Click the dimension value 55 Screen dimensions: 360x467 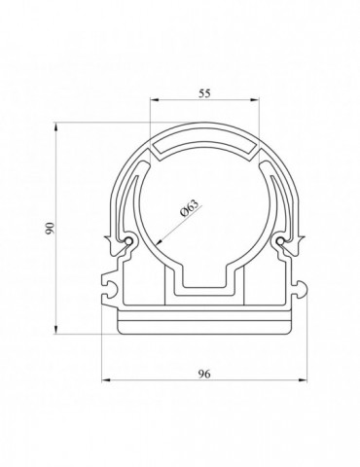pos(204,93)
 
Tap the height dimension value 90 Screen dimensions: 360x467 pos(50,228)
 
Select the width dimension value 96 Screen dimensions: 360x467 pos(204,374)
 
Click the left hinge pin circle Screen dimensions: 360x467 pos(129,241)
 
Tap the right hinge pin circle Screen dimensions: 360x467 pos(280,241)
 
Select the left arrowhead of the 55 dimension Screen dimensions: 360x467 pos(155,100)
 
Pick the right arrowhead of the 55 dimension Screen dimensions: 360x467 pos(255,100)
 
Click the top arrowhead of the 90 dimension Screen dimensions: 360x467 pos(55,126)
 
